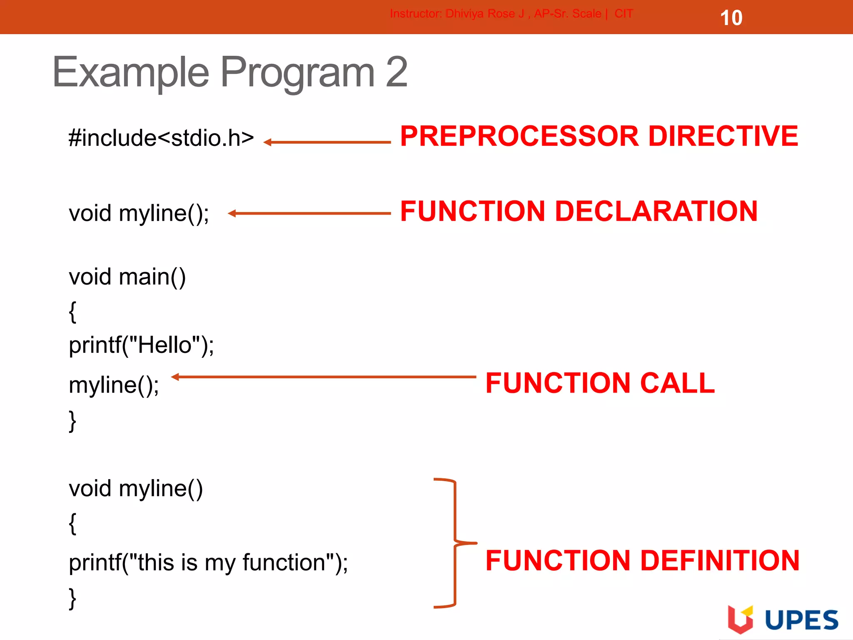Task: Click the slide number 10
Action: tap(731, 18)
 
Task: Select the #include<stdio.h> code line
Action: tap(161, 138)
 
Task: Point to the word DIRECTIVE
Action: tap(723, 136)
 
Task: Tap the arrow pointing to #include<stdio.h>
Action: tap(327, 142)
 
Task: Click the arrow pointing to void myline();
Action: tap(309, 213)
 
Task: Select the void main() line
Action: tap(127, 277)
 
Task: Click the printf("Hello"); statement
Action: tap(141, 345)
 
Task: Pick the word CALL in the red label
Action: tap(677, 383)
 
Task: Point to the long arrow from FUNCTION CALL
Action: tap(324, 377)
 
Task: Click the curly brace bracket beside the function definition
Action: tap(455, 543)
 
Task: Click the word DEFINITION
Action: tap(720, 560)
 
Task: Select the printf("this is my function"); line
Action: tap(208, 562)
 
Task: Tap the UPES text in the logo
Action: tap(801, 620)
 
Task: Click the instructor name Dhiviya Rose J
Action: tap(484, 14)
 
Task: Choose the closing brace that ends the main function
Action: tap(72, 421)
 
